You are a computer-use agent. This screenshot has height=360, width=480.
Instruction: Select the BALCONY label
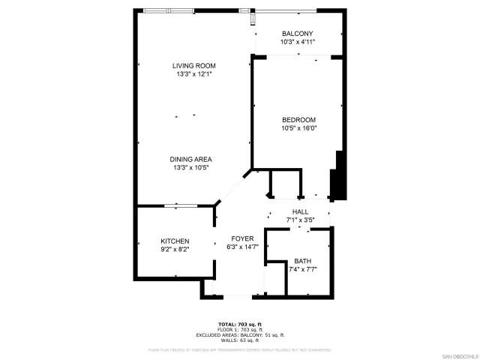point(297,34)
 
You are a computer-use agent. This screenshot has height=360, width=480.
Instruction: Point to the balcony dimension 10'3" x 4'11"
point(297,42)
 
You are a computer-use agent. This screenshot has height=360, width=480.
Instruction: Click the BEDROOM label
point(298,120)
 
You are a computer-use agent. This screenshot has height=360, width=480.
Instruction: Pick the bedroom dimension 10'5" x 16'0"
point(298,128)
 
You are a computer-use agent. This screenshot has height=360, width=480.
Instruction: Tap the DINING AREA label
point(190,159)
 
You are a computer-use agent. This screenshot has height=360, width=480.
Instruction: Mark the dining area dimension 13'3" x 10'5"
point(190,167)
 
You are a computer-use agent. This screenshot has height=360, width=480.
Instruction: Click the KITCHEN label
point(174,241)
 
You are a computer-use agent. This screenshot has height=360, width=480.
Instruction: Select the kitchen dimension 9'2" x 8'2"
point(174,249)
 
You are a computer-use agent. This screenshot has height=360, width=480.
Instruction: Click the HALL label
point(300,211)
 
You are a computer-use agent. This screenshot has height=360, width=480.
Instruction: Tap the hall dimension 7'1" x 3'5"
point(300,220)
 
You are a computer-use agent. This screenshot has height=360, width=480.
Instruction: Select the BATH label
point(302,260)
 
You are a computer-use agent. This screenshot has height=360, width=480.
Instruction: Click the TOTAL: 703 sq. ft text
point(240,325)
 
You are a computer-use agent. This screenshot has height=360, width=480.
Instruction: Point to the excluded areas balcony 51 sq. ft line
point(240,334)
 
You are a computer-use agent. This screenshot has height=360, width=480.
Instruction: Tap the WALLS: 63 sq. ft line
point(240,340)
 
